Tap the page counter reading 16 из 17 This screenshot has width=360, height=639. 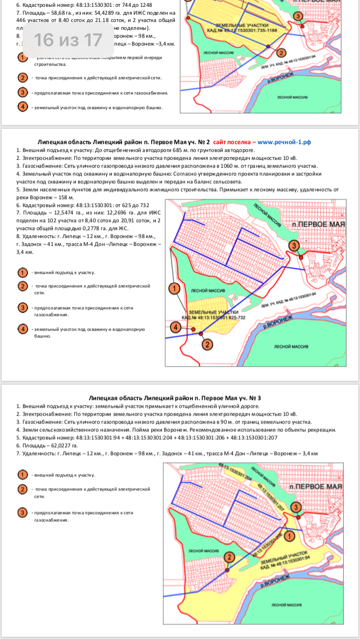point(67,40)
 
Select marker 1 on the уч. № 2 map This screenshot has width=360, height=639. point(174,288)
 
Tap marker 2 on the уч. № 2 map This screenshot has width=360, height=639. point(207,344)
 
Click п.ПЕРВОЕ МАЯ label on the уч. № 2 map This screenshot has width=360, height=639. point(318,223)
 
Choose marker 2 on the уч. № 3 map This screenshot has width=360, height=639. point(229,557)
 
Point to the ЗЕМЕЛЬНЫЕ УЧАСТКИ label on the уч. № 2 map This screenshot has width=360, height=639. point(214,312)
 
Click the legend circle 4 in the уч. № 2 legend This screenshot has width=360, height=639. point(23,328)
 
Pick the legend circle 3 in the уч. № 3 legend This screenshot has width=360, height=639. point(23,512)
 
